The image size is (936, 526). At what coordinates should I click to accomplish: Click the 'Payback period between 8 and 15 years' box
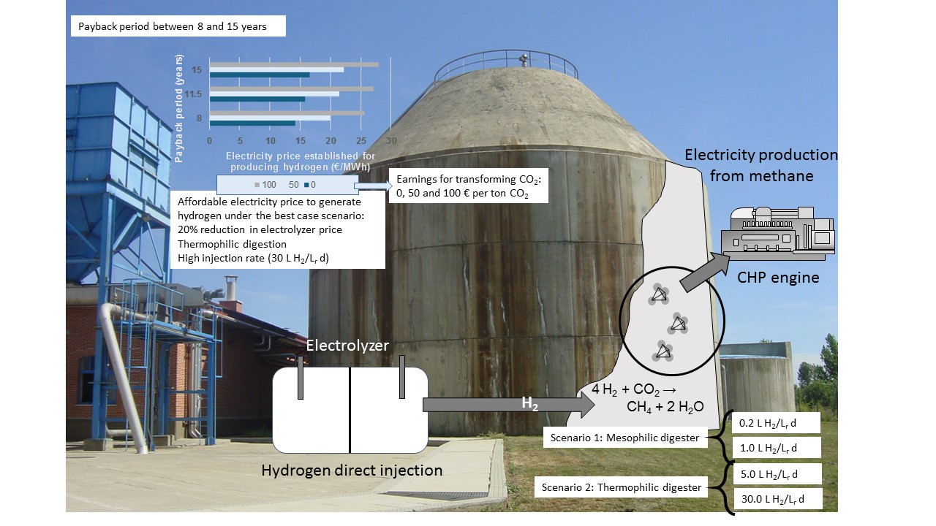pos(178,26)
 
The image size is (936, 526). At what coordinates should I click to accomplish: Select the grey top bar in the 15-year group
pos(294,64)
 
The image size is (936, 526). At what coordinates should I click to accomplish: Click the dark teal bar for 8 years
pos(252,123)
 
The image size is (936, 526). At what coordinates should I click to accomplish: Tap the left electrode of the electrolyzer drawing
pos(301,378)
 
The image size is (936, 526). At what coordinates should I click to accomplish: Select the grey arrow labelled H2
pos(509,405)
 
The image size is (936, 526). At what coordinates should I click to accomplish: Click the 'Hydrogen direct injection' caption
pos(352,470)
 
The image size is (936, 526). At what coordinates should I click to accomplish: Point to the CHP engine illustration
pos(777,232)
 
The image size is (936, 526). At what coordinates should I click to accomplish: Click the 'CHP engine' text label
pos(778,278)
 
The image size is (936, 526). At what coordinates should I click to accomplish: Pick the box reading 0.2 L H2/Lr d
pos(776,423)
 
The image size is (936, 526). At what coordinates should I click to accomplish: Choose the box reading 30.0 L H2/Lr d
pos(776,499)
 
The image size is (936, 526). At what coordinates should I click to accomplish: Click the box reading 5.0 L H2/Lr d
pos(776,473)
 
